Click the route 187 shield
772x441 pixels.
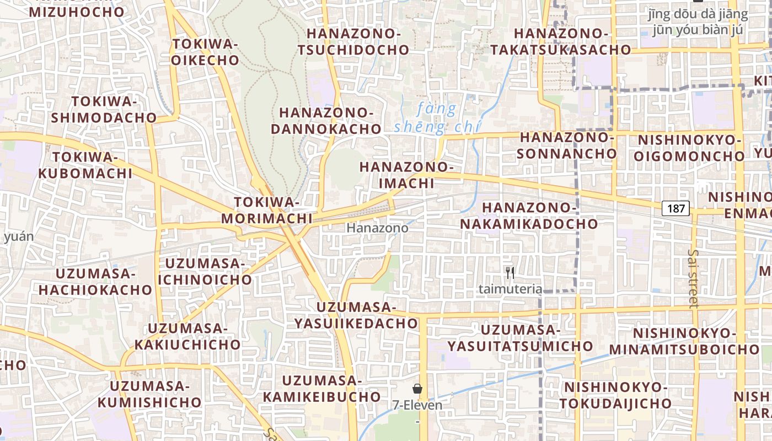(675, 208)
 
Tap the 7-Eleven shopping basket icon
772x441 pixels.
(417, 389)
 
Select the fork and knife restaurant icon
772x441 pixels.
(510, 272)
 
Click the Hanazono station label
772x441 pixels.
(378, 228)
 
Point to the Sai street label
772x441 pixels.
(693, 278)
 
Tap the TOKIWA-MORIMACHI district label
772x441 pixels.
(267, 210)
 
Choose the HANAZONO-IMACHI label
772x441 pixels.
(406, 175)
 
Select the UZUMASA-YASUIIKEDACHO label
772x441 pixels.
(356, 315)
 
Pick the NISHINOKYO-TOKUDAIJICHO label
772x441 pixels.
(616, 395)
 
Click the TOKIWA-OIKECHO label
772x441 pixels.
(205, 52)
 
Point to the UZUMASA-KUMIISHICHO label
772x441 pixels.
(149, 394)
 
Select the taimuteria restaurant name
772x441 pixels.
(510, 289)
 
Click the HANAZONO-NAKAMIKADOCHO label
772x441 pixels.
(529, 216)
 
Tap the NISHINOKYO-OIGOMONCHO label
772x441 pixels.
(689, 148)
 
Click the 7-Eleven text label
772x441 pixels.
(417, 405)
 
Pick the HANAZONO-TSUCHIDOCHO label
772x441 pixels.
(353, 41)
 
